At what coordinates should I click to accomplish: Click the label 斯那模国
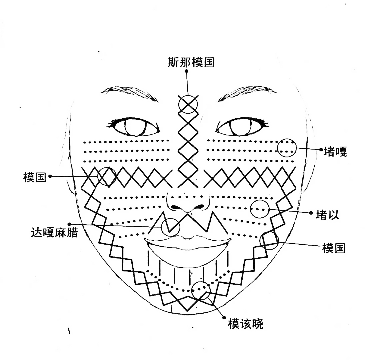click(191, 62)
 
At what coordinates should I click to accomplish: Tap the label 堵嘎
click(335, 152)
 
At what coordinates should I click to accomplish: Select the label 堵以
click(327, 215)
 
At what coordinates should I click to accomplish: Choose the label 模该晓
click(245, 323)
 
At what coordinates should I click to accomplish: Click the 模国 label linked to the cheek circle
click(34, 177)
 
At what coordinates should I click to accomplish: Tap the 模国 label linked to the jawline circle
click(333, 248)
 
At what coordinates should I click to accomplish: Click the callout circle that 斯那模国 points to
click(188, 104)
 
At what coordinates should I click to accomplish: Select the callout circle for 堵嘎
click(287, 147)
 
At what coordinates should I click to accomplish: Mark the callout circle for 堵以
click(260, 209)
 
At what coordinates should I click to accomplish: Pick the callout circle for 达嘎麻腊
click(170, 227)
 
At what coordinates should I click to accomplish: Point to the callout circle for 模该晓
click(201, 290)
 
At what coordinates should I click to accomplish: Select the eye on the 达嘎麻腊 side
click(135, 127)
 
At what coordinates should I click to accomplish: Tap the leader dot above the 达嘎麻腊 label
click(69, 224)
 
